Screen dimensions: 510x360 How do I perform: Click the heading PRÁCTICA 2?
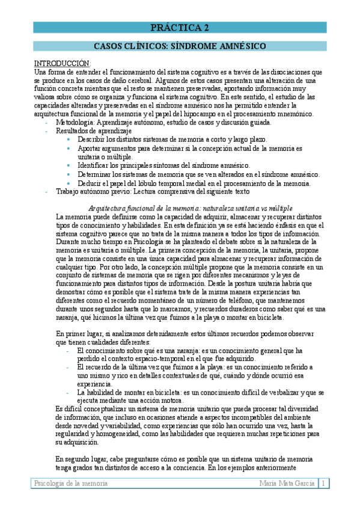tap(180, 28)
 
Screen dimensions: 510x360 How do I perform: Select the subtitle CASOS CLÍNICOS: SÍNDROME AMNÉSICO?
tap(180, 46)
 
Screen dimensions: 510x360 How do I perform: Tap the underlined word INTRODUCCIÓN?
tap(62, 63)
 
